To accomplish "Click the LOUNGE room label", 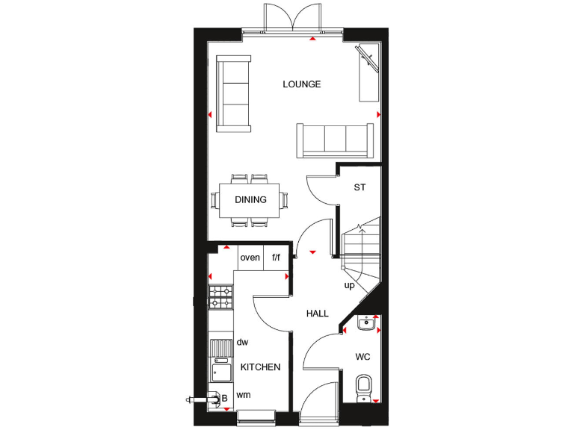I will [302, 84].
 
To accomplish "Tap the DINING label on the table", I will [250, 199].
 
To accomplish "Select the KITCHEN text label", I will [260, 367].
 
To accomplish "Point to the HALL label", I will [317, 314].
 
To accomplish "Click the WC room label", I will [362, 357].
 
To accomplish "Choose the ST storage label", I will [359, 187].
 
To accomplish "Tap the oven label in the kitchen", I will [250, 258].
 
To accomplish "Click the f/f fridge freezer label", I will [276, 258].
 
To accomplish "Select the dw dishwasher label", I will [242, 342].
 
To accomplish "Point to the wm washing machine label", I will [243, 394].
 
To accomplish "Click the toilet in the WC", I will [363, 387].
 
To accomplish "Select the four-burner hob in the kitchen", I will [220, 296].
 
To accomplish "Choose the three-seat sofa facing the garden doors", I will [335, 140].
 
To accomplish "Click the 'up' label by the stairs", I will [349, 285].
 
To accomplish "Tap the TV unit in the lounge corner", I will [369, 72].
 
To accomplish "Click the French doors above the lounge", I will [292, 17].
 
